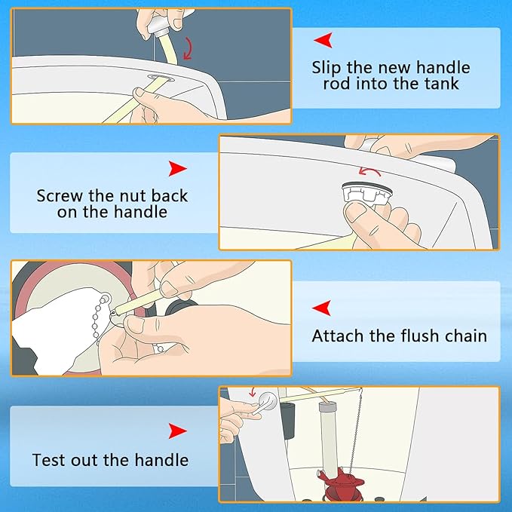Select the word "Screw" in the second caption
tap(60, 196)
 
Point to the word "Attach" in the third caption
tap(337, 336)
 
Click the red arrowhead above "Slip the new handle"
tap(323, 40)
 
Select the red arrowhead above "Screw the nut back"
tap(178, 169)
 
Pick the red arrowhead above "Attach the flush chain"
tap(322, 308)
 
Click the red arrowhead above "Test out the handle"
tap(178, 431)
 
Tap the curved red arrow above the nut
tap(369, 170)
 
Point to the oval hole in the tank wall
tap(161, 78)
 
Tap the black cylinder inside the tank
tap(288, 420)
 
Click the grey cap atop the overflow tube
tap(327, 406)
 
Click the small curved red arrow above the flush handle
tap(252, 392)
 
